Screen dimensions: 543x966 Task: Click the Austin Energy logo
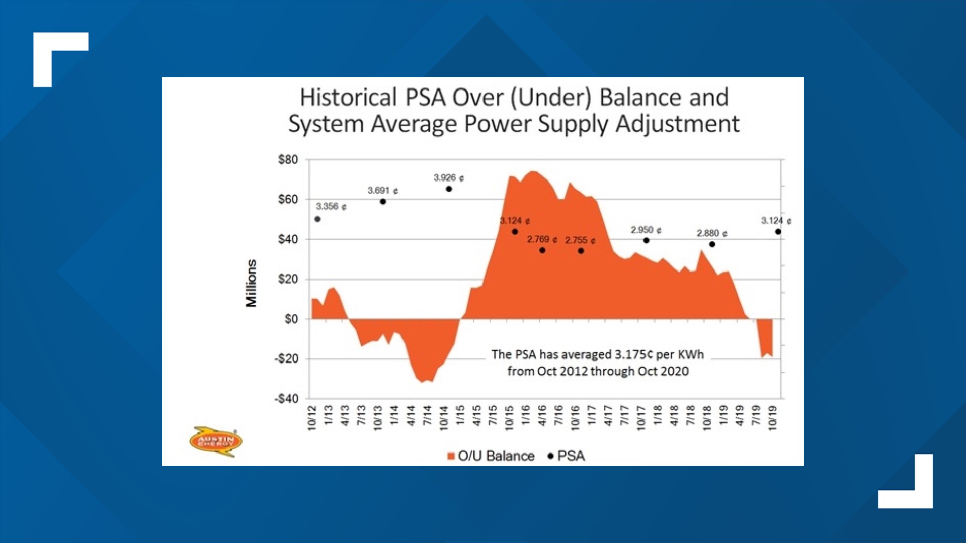point(216,441)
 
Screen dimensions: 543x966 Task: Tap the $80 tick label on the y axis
point(288,160)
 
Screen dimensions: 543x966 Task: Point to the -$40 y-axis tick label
point(286,399)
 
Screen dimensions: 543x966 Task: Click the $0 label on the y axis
point(291,319)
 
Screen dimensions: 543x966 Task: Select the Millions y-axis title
point(251,283)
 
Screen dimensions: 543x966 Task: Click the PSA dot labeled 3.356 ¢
point(317,219)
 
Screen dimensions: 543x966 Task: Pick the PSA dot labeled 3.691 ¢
point(383,202)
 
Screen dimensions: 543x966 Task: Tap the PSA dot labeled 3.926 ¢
point(449,189)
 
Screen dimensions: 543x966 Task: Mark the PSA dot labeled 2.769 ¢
point(542,250)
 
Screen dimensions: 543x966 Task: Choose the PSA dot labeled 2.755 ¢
point(581,251)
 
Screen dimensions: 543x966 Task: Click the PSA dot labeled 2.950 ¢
point(647,240)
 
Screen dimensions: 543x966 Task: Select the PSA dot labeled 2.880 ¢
point(712,244)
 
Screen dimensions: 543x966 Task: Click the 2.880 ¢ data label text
point(712,233)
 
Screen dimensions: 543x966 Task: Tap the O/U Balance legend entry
point(491,456)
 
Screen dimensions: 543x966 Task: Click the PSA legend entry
point(567,456)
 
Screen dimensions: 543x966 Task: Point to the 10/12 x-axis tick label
point(312,418)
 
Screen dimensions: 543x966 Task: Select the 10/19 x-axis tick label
point(773,418)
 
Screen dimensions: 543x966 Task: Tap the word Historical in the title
point(348,98)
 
